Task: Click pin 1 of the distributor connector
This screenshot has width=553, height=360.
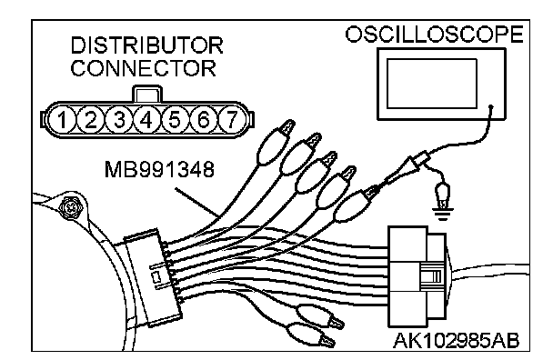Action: (x=62, y=120)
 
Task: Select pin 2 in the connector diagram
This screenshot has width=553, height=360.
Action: (x=90, y=120)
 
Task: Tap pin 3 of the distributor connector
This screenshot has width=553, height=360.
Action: (x=119, y=120)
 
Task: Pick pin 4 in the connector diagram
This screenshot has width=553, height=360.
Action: (x=146, y=120)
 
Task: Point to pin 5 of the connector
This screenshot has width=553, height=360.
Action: (x=175, y=120)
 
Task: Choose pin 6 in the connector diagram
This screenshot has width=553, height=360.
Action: (x=204, y=120)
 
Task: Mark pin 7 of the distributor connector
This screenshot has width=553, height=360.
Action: (x=232, y=120)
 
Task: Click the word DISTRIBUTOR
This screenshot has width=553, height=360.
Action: (x=146, y=45)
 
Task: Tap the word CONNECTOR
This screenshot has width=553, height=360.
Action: (x=143, y=68)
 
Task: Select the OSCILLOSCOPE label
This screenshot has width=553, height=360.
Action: (x=434, y=35)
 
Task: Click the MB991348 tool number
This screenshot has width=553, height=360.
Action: (x=159, y=169)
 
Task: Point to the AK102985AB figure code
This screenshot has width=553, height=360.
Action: (x=456, y=341)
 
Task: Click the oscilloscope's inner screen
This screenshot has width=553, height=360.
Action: (x=432, y=84)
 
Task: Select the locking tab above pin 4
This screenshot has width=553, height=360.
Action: (x=147, y=94)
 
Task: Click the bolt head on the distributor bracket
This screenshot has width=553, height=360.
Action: (x=71, y=206)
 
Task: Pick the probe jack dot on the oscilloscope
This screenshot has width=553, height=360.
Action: (x=491, y=106)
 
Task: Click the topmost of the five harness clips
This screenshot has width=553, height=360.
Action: (x=276, y=143)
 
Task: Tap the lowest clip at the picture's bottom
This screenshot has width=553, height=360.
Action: (x=311, y=335)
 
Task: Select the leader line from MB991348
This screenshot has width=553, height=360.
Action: (x=196, y=202)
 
